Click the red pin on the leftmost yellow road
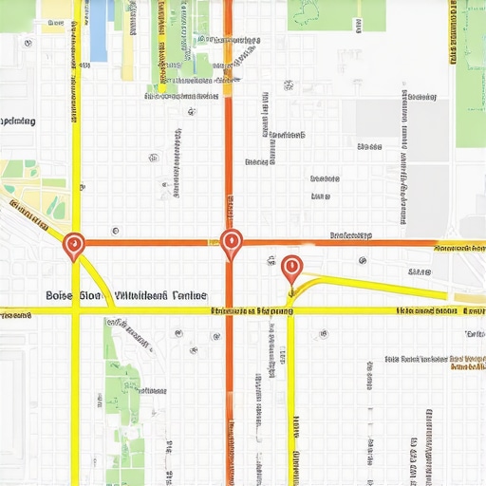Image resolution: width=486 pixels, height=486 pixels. point(74,246)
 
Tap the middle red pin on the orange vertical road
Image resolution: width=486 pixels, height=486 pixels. point(230,243)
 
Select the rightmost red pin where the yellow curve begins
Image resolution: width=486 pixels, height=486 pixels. point(291,267)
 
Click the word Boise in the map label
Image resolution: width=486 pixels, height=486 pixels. point(65,296)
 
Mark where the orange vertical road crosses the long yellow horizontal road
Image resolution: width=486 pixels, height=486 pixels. point(228,310)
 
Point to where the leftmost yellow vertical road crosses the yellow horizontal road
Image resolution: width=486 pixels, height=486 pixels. point(75,310)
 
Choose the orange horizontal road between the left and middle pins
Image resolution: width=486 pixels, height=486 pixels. point(152,243)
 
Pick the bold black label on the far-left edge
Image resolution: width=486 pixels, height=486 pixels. point(17,121)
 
